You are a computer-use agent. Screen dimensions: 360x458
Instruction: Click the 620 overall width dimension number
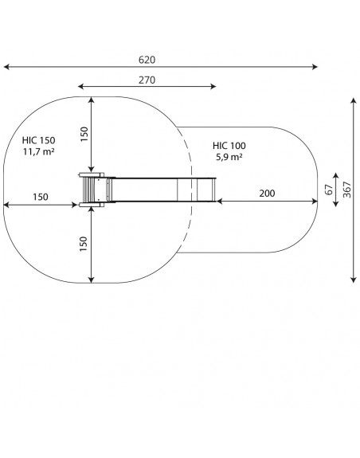[147, 60]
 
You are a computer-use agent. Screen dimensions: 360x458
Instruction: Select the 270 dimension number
[147, 80]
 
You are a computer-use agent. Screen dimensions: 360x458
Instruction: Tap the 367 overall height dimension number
[347, 190]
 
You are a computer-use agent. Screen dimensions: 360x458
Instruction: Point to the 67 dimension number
[329, 190]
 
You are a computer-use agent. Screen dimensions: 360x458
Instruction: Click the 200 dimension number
[267, 194]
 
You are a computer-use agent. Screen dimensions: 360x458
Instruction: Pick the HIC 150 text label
[38, 140]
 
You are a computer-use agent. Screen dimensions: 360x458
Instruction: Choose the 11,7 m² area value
[39, 151]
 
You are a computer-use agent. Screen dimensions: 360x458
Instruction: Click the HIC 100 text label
[229, 146]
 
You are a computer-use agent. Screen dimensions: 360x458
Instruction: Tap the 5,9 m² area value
[229, 157]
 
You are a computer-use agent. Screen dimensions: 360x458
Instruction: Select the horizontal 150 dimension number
[41, 198]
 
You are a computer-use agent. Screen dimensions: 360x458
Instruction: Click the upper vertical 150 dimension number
[84, 135]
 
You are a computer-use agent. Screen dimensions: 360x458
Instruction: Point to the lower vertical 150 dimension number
[84, 244]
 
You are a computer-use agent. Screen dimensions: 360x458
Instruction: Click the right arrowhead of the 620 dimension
[315, 67]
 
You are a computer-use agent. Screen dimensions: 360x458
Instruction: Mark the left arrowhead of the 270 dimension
[81, 86]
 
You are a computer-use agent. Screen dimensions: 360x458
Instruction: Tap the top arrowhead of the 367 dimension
[354, 101]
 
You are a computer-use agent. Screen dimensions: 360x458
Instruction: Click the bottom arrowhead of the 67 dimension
[336, 204]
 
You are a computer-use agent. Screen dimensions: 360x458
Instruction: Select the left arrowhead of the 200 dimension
[219, 201]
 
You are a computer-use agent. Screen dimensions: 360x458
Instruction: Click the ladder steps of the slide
[88, 190]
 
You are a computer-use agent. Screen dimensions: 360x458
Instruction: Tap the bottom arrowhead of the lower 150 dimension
[92, 280]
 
